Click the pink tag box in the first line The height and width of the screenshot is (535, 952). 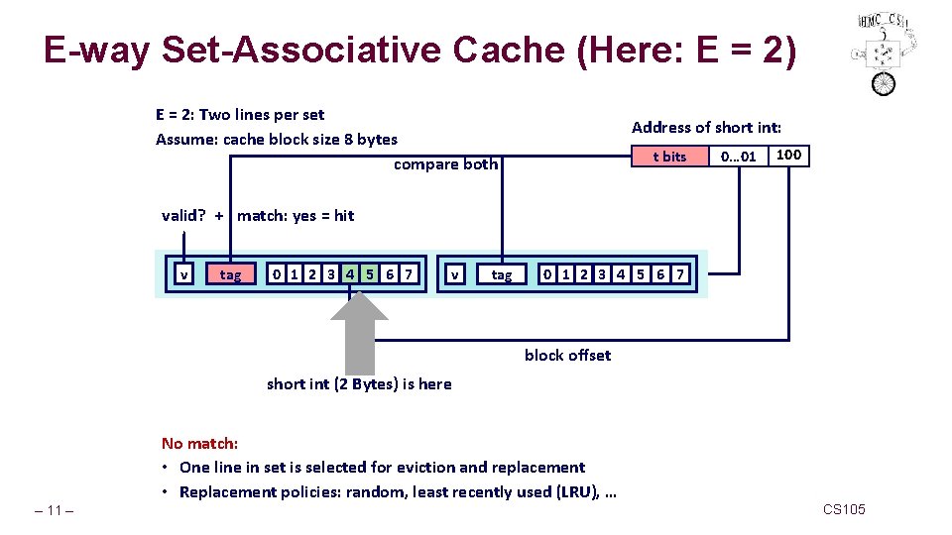click(x=230, y=274)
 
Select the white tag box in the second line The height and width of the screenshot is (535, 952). click(x=502, y=274)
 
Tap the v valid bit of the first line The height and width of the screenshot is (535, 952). click(x=183, y=274)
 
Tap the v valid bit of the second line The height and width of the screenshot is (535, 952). click(x=454, y=274)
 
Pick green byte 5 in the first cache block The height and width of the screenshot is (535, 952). click(x=370, y=274)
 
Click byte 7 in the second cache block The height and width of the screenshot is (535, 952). click(x=679, y=274)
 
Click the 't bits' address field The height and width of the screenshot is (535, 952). click(x=669, y=157)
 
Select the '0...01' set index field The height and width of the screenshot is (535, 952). click(x=739, y=157)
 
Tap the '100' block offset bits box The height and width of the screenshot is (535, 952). click(x=789, y=156)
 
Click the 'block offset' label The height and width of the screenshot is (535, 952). click(x=567, y=355)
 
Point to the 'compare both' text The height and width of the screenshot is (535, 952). click(x=445, y=164)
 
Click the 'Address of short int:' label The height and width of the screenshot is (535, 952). click(x=706, y=127)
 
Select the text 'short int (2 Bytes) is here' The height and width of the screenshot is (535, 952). click(x=358, y=384)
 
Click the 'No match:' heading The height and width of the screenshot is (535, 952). click(x=199, y=443)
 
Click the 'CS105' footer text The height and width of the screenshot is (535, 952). click(x=844, y=509)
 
